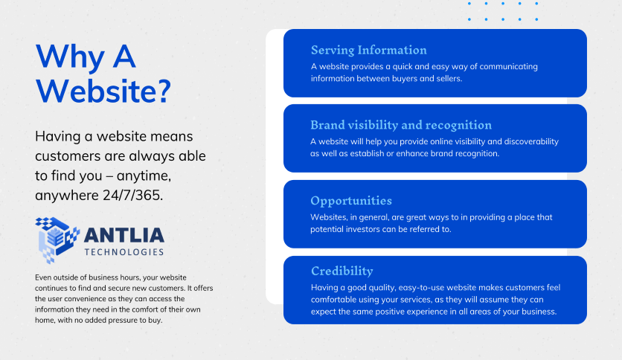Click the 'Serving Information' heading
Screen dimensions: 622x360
click(x=368, y=50)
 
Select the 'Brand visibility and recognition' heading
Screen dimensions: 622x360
click(x=400, y=125)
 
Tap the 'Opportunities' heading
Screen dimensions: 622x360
click(x=351, y=201)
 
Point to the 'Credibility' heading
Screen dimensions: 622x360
click(x=342, y=271)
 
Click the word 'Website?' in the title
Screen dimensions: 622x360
click(x=103, y=91)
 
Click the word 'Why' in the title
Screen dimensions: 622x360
click(x=70, y=57)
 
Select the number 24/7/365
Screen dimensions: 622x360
click(x=133, y=195)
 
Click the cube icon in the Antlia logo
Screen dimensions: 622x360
click(x=57, y=240)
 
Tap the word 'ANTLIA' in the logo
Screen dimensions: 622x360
click(x=124, y=235)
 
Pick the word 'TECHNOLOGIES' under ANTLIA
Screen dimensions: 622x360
click(x=124, y=252)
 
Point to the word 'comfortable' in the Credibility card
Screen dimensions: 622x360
click(x=333, y=300)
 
